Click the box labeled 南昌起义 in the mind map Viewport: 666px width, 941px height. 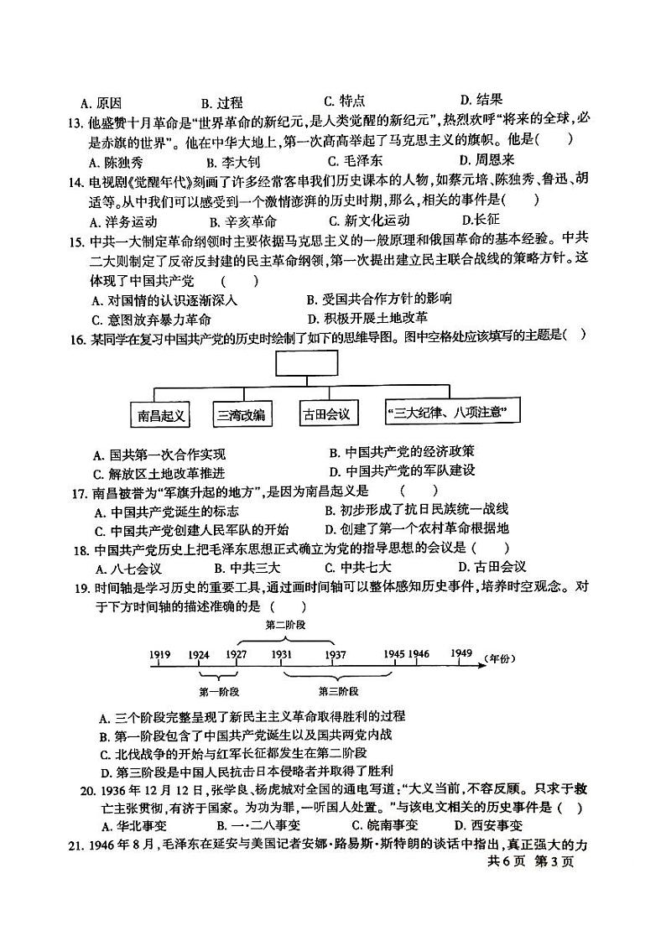point(161,414)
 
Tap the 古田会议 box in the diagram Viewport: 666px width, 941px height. point(327,414)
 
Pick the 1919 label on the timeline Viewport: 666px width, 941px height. point(161,654)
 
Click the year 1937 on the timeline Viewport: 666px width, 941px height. point(335,654)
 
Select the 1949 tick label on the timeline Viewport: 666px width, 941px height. point(460,653)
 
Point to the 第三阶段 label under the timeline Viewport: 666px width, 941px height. point(338,692)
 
